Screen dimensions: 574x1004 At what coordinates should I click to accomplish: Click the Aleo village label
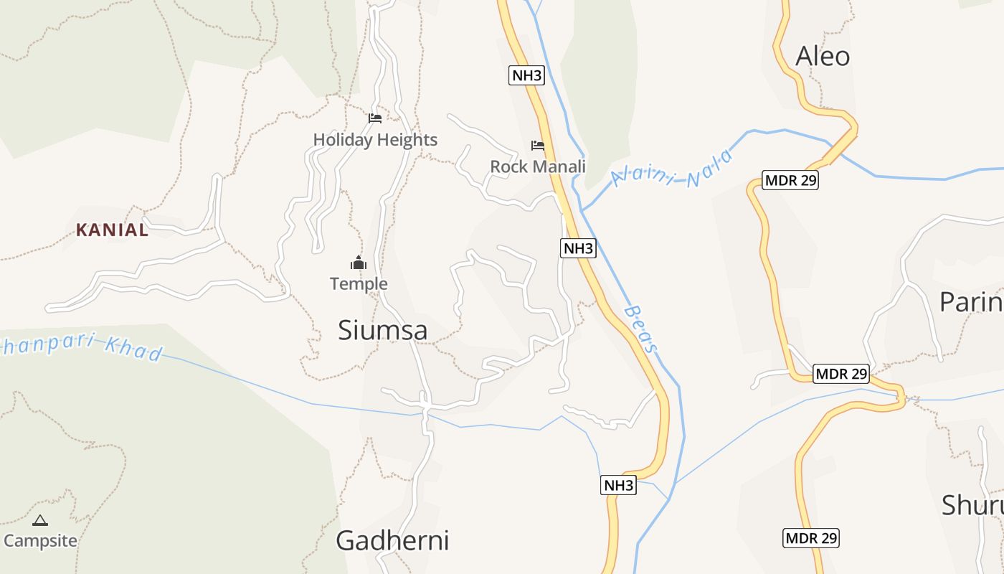coord(823,56)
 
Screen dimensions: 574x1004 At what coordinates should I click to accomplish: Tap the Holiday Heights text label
coord(375,140)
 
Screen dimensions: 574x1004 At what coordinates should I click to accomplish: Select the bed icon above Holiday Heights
coord(375,118)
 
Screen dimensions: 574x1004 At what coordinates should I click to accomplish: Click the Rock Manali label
coord(538,166)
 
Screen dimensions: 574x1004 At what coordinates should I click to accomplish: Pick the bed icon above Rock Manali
coord(538,146)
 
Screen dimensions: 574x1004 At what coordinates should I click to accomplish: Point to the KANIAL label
coord(113,230)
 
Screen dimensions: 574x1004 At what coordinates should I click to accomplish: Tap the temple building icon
coord(359,263)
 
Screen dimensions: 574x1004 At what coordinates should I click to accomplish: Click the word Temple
coord(359,284)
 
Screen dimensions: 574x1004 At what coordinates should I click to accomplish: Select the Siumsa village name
coord(383,330)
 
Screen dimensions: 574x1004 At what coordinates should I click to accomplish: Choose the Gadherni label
coord(392,540)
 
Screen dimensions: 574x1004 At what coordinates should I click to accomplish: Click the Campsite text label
coord(40,540)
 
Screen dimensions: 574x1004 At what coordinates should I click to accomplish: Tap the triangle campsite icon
coord(40,520)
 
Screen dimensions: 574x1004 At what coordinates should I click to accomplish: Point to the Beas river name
coord(640,329)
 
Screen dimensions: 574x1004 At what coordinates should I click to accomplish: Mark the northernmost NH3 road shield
coord(526,75)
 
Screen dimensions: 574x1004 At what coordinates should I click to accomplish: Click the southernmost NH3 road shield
coord(618,485)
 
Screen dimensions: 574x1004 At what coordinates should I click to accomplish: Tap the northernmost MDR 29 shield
coord(790,180)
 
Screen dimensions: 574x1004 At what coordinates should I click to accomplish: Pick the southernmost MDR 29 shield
coord(811,537)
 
